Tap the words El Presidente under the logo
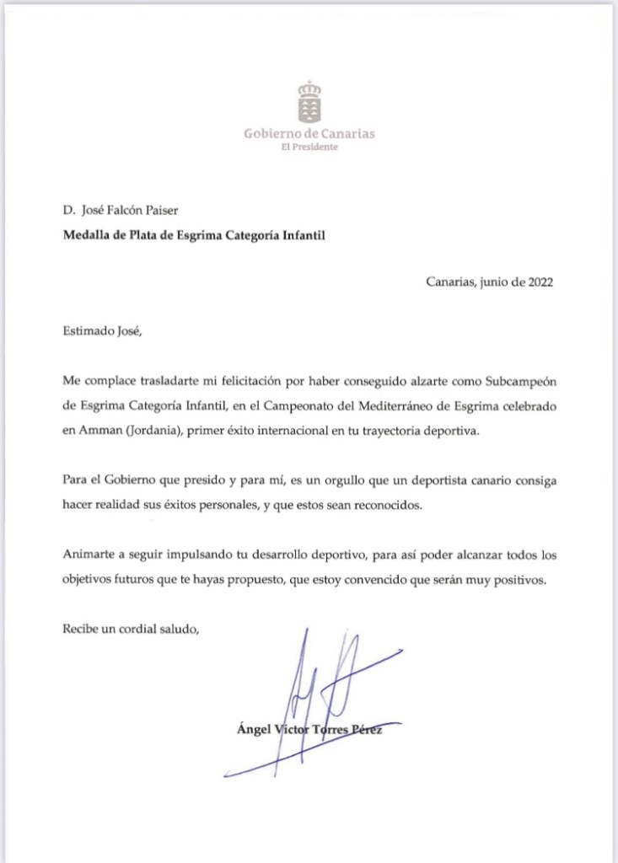[x=309, y=147]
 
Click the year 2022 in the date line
[x=538, y=282]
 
